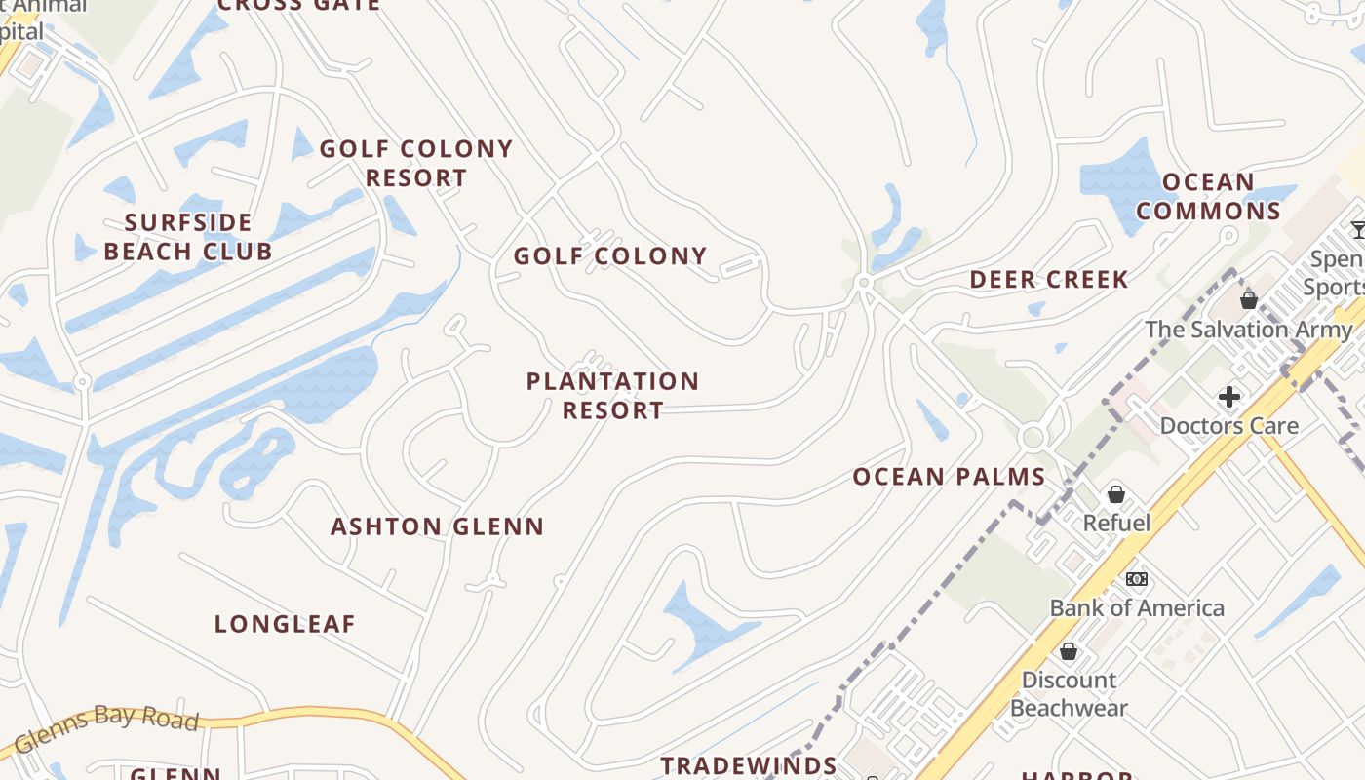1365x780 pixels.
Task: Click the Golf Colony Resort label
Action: pyautogui.click(x=416, y=164)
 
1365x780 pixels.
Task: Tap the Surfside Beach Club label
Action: pyautogui.click(x=188, y=237)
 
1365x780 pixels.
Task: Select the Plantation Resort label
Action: pyautogui.click(x=612, y=396)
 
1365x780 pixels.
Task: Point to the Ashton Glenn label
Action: pyautogui.click(x=437, y=527)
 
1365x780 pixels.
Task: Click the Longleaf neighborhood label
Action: pyautogui.click(x=285, y=625)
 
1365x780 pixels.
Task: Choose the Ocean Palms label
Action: pyautogui.click(x=949, y=478)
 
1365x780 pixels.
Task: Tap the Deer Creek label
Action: pyautogui.click(x=1049, y=281)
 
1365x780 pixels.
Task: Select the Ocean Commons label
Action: pyautogui.click(x=1208, y=197)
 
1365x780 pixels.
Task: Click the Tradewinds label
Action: pyautogui.click(x=749, y=766)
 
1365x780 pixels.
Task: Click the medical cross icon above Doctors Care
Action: pyautogui.click(x=1228, y=397)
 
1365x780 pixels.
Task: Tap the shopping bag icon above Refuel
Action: pyautogui.click(x=1116, y=494)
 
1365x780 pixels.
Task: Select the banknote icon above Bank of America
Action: pyautogui.click(x=1136, y=579)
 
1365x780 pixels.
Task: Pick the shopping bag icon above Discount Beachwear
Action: pyautogui.click(x=1069, y=650)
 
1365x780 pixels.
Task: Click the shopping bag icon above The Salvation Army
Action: pyautogui.click(x=1248, y=299)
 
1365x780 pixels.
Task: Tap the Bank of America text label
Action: pyautogui.click(x=1137, y=608)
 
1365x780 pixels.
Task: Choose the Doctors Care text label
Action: pyautogui.click(x=1228, y=426)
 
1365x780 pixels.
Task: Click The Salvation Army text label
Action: pyautogui.click(x=1248, y=330)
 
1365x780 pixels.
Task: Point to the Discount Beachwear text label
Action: pyautogui.click(x=1069, y=694)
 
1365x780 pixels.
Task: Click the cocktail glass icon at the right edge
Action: pyautogui.click(x=1358, y=230)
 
